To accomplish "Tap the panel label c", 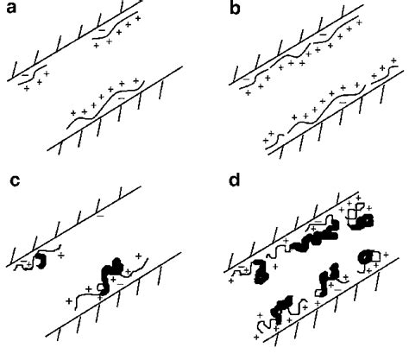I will [x=11, y=181].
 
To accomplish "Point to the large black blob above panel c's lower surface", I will [x=112, y=268].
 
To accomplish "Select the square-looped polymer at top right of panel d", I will [x=356, y=214].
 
